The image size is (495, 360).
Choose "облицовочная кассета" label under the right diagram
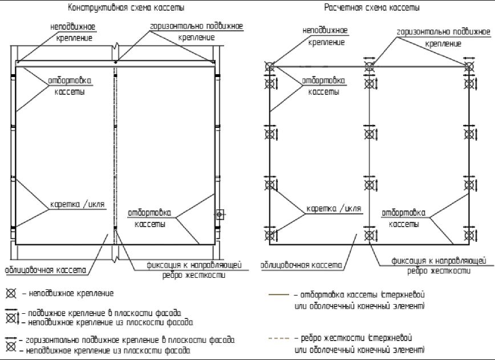pyautogui.click(x=302, y=265)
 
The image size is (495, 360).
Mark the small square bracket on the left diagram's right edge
pyautogui.click(x=220, y=215)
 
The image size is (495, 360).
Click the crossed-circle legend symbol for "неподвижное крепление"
pyautogui.click(x=10, y=294)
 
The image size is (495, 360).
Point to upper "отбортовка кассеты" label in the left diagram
pyautogui.click(x=70, y=86)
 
